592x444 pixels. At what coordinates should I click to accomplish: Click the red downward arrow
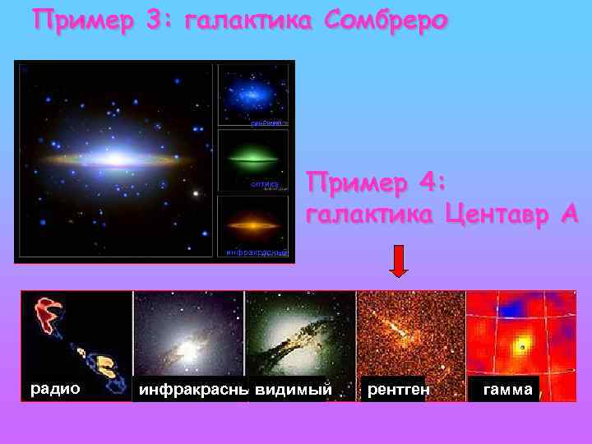pos(398,262)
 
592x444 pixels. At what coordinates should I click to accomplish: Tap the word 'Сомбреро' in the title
pos(387,20)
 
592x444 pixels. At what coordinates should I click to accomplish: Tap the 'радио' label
pos(55,388)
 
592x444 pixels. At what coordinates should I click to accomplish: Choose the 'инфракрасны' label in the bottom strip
pos(193,390)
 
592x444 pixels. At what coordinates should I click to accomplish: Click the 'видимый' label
pos(294,390)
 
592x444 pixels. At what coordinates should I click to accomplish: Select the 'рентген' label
pos(398,390)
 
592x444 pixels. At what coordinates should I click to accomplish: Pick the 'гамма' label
pos(507,390)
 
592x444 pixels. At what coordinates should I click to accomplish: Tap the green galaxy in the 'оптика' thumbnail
pos(252,154)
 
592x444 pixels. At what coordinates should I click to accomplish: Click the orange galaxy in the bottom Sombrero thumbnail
pos(252,221)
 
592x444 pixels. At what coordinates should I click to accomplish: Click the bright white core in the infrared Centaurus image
pos(188,349)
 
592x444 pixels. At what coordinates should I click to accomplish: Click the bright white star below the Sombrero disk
pos(196,194)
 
